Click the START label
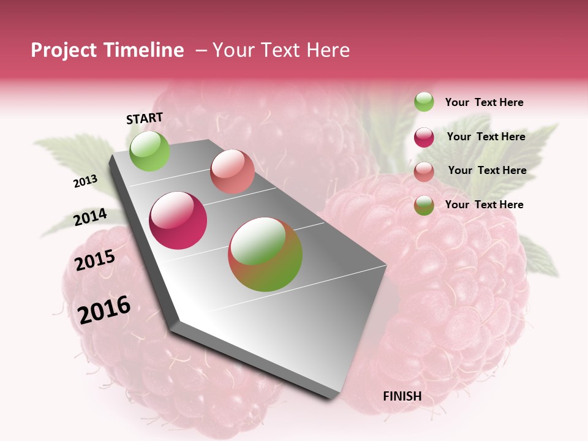click(x=145, y=118)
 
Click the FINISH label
click(x=402, y=396)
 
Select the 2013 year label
click(x=85, y=181)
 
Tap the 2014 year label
click(x=90, y=217)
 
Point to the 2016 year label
click(x=104, y=310)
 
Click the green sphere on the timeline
click(x=149, y=151)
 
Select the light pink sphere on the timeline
click(x=232, y=171)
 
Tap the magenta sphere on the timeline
click(x=178, y=221)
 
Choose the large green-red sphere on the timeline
click(x=265, y=254)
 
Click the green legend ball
click(x=424, y=102)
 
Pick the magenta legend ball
click(x=424, y=137)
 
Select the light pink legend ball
click(x=424, y=171)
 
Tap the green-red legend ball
click(x=424, y=205)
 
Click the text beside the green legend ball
click(x=484, y=102)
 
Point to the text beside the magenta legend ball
click(x=486, y=137)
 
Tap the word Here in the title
click(x=328, y=50)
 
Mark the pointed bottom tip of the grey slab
click(x=334, y=399)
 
